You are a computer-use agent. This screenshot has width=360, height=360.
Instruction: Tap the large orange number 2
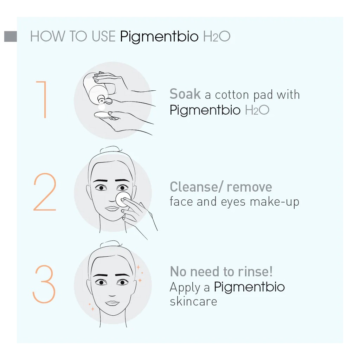click(x=45, y=192)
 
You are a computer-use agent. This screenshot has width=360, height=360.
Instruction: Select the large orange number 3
click(x=44, y=284)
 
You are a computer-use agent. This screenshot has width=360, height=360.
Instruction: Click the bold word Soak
click(x=185, y=94)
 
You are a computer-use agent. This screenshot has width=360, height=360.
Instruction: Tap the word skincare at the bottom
click(x=193, y=302)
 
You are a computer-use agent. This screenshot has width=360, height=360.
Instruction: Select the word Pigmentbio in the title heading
click(x=159, y=37)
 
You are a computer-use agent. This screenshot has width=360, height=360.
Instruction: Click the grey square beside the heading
click(x=11, y=37)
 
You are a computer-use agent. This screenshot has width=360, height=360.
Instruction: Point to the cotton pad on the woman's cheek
click(x=123, y=199)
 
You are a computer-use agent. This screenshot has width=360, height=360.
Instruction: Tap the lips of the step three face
click(x=112, y=303)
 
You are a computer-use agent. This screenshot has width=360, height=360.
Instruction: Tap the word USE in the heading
click(x=103, y=37)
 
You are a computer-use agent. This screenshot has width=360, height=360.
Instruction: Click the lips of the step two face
click(x=112, y=208)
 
